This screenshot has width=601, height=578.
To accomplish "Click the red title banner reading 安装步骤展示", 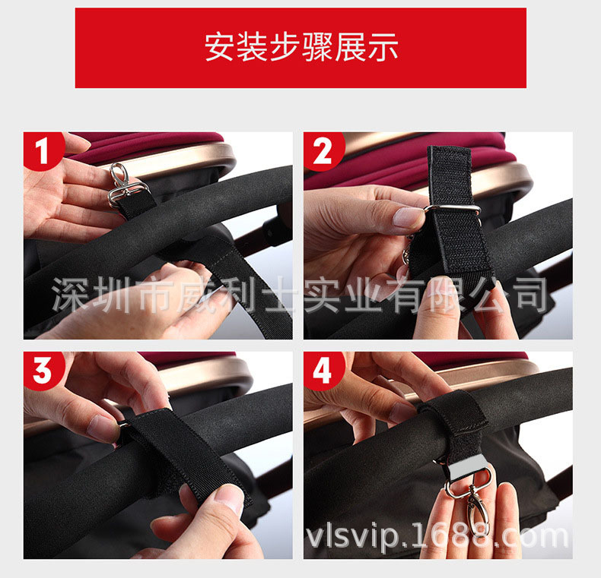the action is coord(300,48).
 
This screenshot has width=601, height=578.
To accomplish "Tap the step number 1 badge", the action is coord(43,150).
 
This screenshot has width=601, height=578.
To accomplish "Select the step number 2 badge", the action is coord(323,150).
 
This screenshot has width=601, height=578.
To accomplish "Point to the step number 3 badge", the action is coord(43,371).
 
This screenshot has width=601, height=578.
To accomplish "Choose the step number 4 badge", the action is coord(323,371).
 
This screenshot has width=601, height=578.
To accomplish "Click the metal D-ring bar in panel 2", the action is coord(453,209).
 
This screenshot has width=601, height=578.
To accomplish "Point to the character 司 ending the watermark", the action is coord(532,295).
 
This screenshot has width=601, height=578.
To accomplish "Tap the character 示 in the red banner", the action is coord(383,47).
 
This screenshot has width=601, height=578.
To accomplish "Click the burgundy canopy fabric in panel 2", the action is coord(383,169).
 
